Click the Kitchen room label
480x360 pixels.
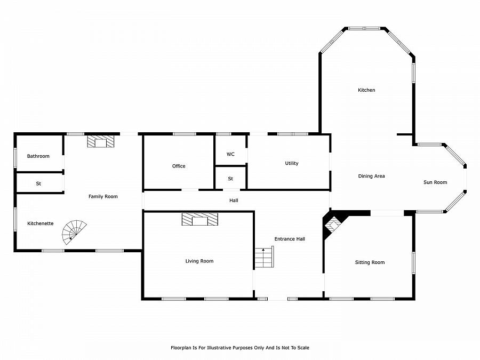(x=366, y=90)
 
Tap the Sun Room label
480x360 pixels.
(x=435, y=182)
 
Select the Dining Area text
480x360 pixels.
(x=371, y=176)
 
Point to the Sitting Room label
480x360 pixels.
(x=370, y=262)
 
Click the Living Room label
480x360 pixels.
(x=199, y=261)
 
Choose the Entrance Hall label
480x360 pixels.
(x=290, y=239)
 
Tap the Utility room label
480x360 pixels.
(x=291, y=164)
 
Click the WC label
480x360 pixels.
(x=230, y=154)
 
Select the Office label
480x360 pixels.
(x=179, y=166)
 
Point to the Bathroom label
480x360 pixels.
(x=38, y=156)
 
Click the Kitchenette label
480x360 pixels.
(x=41, y=223)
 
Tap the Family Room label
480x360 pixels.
(x=103, y=196)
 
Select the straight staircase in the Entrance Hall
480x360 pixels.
(x=264, y=257)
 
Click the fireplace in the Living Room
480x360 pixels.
(x=200, y=219)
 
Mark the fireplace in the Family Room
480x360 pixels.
(x=100, y=141)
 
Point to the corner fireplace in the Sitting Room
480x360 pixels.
(x=332, y=225)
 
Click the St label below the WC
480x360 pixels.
(x=230, y=179)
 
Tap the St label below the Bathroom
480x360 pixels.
(x=38, y=183)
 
